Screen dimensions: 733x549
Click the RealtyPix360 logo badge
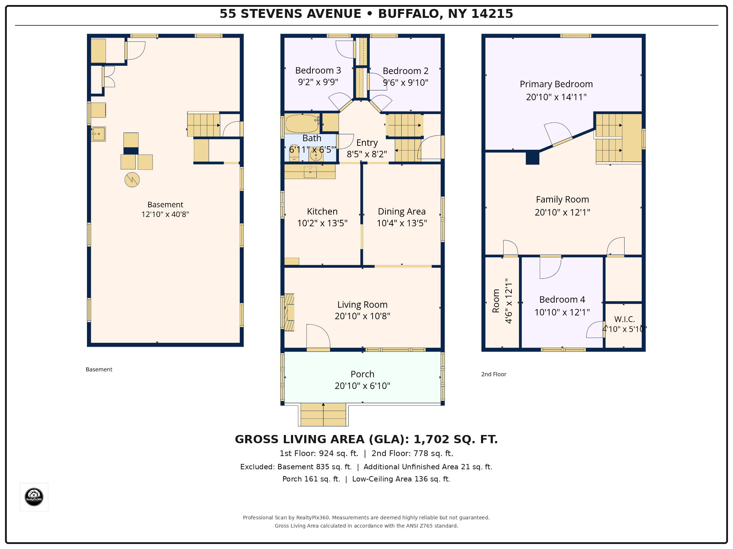(x=34, y=497)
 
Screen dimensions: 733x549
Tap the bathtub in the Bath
(x=302, y=124)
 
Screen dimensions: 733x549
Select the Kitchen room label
(x=322, y=211)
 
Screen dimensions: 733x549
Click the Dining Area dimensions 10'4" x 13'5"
(x=402, y=223)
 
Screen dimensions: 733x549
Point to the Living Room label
(x=362, y=305)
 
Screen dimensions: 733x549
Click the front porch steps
(x=323, y=415)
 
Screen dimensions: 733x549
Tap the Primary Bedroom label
(x=556, y=84)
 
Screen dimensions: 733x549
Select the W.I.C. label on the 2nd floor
(x=625, y=319)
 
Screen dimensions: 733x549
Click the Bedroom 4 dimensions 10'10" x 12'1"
(x=562, y=312)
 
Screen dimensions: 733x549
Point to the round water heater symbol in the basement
(x=132, y=180)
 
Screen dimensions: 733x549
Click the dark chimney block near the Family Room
(x=532, y=157)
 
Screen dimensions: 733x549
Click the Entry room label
(x=367, y=143)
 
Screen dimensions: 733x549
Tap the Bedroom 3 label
(x=318, y=70)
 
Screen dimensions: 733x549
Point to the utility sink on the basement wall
(x=98, y=134)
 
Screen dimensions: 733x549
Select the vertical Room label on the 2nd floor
(x=496, y=301)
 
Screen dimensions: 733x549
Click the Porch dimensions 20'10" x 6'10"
(x=362, y=386)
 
